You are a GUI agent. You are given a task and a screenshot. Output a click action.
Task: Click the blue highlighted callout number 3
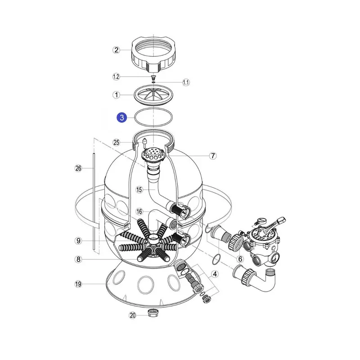tap(121, 117)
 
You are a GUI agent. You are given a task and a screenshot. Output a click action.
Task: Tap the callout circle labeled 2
tap(117, 50)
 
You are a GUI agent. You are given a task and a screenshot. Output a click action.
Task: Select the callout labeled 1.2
tap(116, 76)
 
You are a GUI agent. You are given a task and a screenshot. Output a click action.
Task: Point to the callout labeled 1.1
tap(186, 82)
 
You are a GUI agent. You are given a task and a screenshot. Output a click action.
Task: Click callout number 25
tap(117, 142)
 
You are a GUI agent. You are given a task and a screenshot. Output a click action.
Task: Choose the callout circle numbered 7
tap(213, 156)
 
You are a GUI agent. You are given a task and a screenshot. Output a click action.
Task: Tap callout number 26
tap(78, 168)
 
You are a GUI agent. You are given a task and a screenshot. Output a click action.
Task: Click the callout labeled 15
tap(139, 189)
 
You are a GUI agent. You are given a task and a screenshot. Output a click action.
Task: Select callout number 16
tap(139, 211)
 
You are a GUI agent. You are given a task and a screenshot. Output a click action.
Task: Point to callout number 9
tap(78, 241)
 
